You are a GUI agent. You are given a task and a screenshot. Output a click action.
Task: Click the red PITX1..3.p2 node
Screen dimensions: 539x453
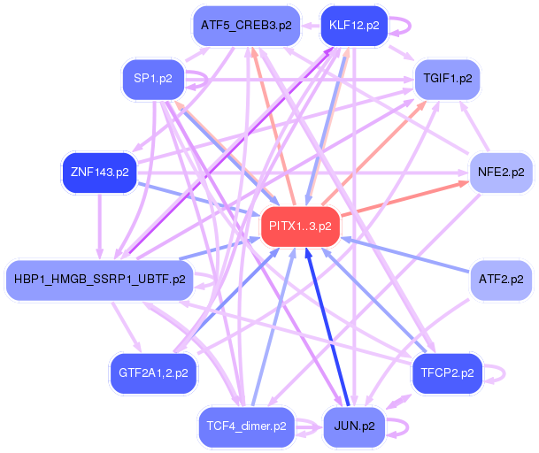[x=300, y=226]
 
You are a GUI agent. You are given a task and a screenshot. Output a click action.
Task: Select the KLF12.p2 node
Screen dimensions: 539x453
[x=354, y=26]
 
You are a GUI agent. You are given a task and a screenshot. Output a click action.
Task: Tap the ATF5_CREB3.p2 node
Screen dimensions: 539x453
[x=246, y=26]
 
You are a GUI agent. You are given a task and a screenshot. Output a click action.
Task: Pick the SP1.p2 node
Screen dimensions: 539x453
[x=153, y=79]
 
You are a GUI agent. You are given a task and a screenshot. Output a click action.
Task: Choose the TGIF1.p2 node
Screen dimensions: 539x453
[x=447, y=79]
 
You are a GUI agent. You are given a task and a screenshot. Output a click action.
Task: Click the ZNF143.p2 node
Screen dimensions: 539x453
[x=100, y=173]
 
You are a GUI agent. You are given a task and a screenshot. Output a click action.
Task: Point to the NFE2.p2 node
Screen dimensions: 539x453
[x=501, y=173]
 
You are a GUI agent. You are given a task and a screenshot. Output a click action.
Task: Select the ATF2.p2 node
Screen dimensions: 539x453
[x=501, y=280]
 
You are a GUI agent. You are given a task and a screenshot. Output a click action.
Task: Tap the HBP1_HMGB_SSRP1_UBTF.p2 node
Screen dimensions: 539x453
[x=100, y=280]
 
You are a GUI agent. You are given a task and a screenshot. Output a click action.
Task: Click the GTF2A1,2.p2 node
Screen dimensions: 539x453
[x=153, y=372]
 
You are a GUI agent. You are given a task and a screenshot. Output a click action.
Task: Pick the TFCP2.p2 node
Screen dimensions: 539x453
[x=447, y=372]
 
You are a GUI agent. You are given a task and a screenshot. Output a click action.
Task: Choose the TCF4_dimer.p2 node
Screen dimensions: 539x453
[x=246, y=426]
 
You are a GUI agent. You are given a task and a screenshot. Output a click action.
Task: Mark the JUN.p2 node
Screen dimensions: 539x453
[x=354, y=426]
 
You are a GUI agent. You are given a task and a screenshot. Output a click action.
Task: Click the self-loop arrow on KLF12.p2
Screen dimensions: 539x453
[x=410, y=27]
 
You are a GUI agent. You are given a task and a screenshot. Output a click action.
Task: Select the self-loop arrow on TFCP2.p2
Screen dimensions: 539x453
[x=504, y=373]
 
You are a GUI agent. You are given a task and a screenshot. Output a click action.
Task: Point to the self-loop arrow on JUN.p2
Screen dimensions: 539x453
[x=407, y=427]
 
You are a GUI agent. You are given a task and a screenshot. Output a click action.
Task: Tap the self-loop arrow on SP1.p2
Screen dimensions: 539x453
[x=206, y=81]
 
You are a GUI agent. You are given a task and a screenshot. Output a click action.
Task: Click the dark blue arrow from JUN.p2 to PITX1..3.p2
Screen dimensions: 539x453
[x=327, y=326]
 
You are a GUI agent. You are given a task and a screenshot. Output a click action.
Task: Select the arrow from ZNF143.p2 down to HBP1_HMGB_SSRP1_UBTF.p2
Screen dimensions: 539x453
[x=100, y=226]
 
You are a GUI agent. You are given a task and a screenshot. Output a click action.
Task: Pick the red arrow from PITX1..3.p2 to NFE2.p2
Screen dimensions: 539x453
[x=405, y=199]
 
